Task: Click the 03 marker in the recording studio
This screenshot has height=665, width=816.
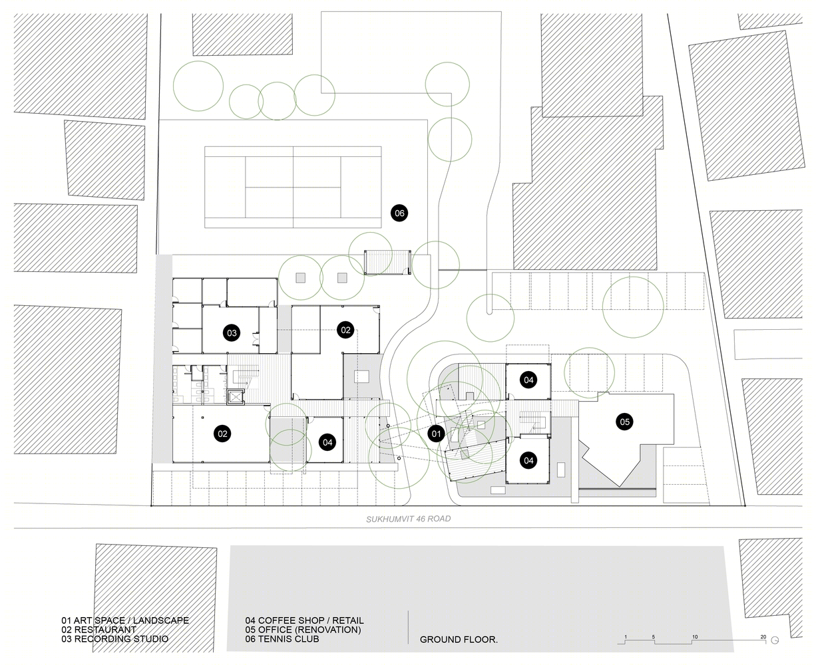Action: tap(232, 333)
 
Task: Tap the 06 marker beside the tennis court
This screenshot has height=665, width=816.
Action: tap(399, 213)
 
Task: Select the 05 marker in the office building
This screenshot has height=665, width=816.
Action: tap(624, 422)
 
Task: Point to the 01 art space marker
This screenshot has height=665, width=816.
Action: tap(436, 434)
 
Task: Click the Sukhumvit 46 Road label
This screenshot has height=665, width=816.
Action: tap(408, 519)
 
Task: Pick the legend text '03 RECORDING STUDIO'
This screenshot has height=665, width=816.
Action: tap(115, 639)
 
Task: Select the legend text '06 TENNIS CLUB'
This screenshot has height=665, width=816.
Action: tap(282, 639)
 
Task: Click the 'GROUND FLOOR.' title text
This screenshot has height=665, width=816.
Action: tap(459, 640)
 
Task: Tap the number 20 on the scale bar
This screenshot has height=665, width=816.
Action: tap(763, 637)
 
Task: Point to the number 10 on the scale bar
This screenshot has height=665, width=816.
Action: tap(695, 637)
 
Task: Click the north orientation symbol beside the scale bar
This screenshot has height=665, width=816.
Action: tap(775, 640)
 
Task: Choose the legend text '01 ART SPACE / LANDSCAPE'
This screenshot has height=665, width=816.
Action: tap(125, 620)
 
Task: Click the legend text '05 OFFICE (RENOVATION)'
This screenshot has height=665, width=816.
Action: tap(303, 630)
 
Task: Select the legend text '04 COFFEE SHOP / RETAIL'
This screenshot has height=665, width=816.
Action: tap(304, 620)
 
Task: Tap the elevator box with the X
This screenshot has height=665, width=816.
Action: tap(236, 397)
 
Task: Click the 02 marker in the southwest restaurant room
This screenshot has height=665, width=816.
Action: tap(222, 434)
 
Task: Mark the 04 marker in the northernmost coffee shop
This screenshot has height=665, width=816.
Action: tap(528, 380)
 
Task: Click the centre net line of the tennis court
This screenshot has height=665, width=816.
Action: tap(293, 187)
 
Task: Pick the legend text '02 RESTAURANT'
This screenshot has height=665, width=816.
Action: tap(99, 630)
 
